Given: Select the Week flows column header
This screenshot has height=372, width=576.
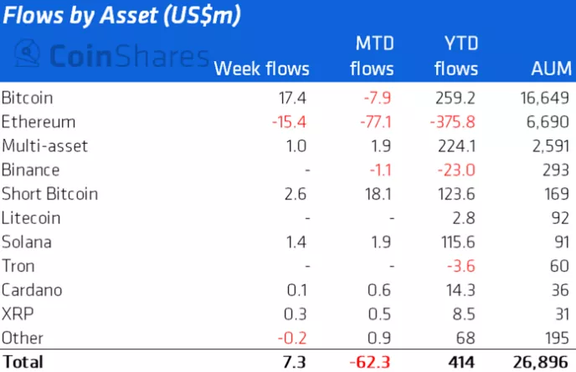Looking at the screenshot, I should pos(262,69).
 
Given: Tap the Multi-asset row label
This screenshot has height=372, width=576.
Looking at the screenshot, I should pos(45,145).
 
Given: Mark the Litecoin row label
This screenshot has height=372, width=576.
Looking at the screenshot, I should pos(28,218).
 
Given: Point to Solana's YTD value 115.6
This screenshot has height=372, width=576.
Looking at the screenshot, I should pos(458,242).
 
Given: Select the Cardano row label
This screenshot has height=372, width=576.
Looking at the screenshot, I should pos(31,290).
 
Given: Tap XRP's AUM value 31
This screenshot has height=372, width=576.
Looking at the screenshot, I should pos(560,314).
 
